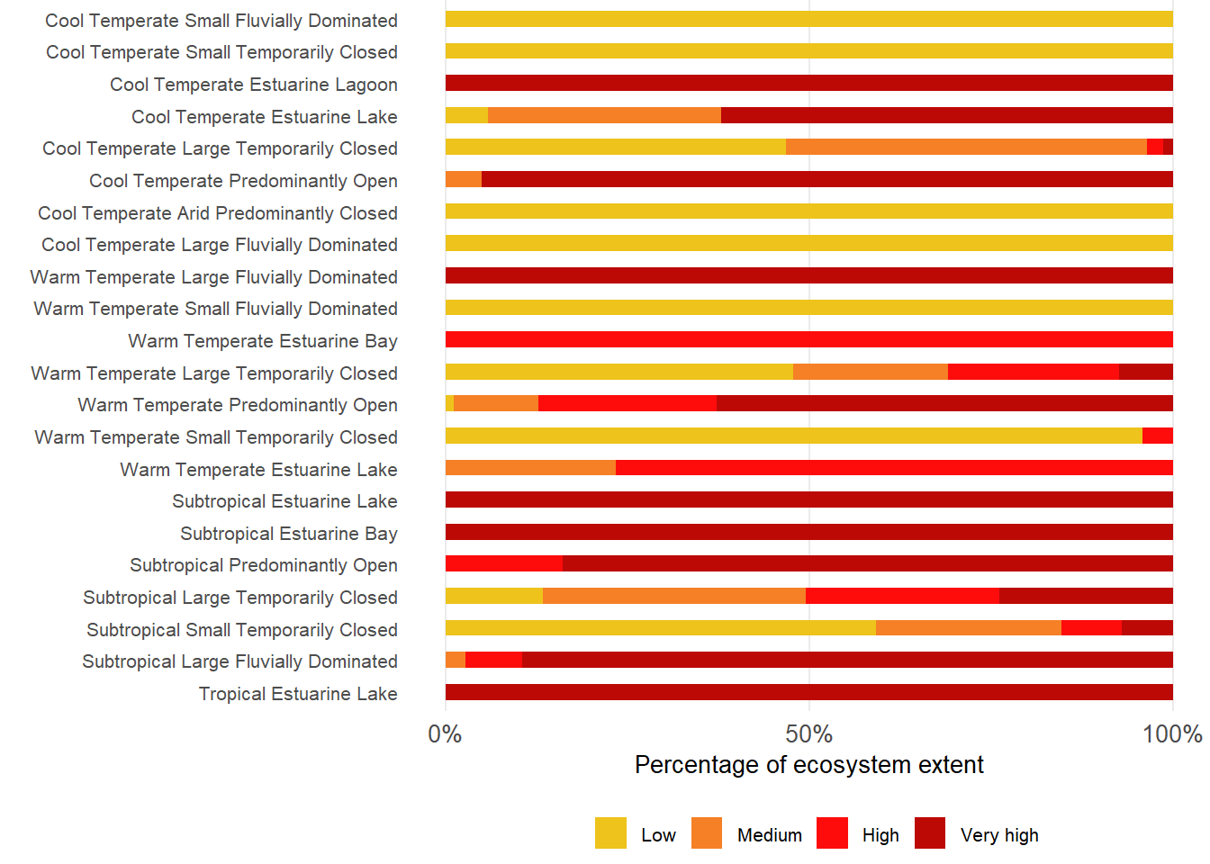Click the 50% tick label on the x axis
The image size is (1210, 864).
tap(808, 734)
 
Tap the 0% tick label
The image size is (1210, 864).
tap(445, 734)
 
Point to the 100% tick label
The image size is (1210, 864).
tap(1172, 734)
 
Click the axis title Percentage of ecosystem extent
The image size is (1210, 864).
tap(808, 765)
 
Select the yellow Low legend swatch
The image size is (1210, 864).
tap(610, 833)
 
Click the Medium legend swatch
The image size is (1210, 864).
tap(707, 833)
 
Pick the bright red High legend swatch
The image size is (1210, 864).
tap(832, 833)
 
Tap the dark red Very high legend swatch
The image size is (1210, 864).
tap(930, 833)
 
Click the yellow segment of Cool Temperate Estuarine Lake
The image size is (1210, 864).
tap(466, 115)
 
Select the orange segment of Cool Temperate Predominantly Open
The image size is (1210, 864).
tap(464, 179)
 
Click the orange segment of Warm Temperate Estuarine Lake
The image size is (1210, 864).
tap(530, 468)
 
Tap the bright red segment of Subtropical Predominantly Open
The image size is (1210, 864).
tap(504, 564)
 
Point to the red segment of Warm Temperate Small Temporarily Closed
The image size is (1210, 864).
tap(1157, 436)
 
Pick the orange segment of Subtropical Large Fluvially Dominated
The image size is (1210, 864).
tap(456, 661)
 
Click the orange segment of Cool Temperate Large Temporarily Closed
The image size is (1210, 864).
tap(966, 148)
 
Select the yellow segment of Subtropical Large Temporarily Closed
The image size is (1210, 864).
tap(494, 596)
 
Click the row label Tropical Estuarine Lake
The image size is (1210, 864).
tap(298, 694)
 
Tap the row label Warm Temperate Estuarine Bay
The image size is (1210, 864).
tap(263, 341)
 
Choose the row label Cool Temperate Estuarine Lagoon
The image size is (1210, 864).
tap(254, 85)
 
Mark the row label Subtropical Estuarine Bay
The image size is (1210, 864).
tap(289, 534)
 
